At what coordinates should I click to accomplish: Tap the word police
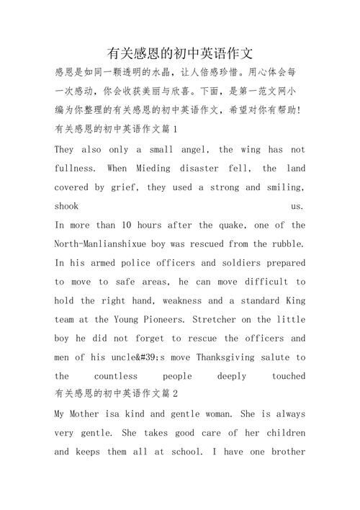point(145,263)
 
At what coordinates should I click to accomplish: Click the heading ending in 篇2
point(116,395)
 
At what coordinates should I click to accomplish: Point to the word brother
point(287,452)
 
